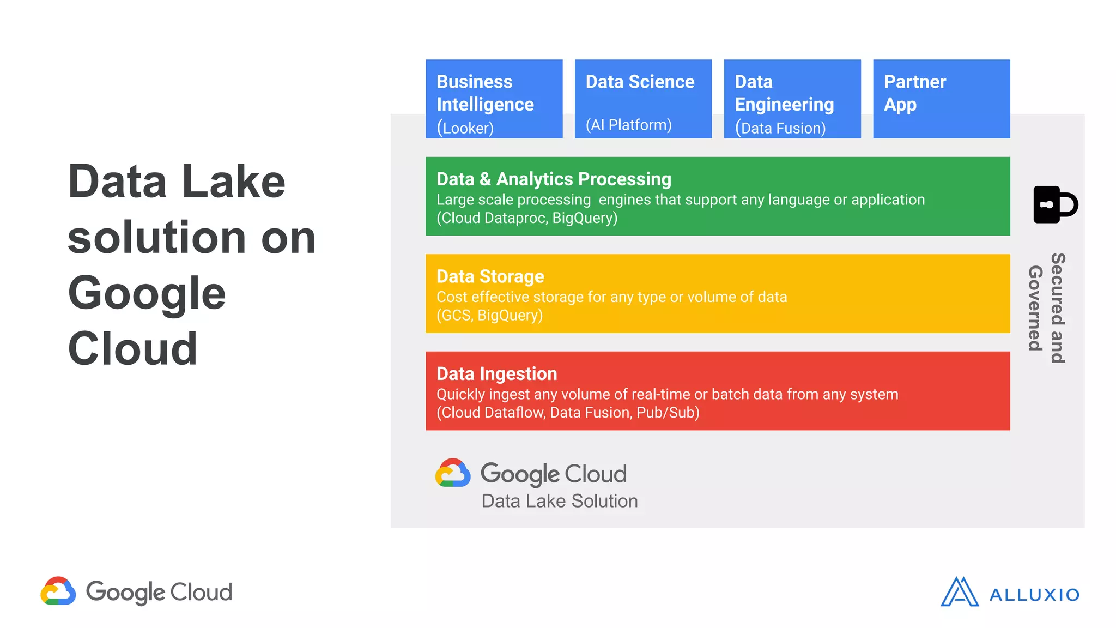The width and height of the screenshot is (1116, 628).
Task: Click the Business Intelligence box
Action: (494, 99)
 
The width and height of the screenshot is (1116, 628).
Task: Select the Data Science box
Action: (643, 99)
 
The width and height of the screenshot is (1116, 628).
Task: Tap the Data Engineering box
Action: (792, 99)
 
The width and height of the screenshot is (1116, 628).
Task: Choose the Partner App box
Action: (941, 99)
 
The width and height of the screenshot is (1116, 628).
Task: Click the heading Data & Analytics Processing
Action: (554, 179)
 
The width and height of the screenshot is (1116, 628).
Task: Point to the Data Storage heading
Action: (490, 276)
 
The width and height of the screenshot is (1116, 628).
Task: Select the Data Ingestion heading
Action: (496, 374)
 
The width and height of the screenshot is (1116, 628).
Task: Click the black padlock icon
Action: (1054, 204)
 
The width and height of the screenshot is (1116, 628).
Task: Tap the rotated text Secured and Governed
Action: (1047, 309)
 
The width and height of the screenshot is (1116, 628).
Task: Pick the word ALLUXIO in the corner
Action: (1034, 595)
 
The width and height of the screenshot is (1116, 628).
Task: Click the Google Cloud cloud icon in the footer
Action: (58, 591)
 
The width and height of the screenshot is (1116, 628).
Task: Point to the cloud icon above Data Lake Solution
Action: (452, 473)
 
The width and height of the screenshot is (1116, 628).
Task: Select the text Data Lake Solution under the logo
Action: (559, 501)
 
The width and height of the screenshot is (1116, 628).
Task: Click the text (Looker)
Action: (465, 128)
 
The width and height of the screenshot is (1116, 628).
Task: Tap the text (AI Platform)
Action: (628, 125)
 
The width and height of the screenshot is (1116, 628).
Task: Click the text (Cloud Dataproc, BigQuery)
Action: (527, 218)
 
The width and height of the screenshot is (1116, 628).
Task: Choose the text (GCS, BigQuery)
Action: (489, 315)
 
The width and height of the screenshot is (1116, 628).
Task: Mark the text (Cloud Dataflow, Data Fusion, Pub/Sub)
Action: (568, 413)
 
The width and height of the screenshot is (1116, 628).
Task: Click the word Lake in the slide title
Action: (233, 182)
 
